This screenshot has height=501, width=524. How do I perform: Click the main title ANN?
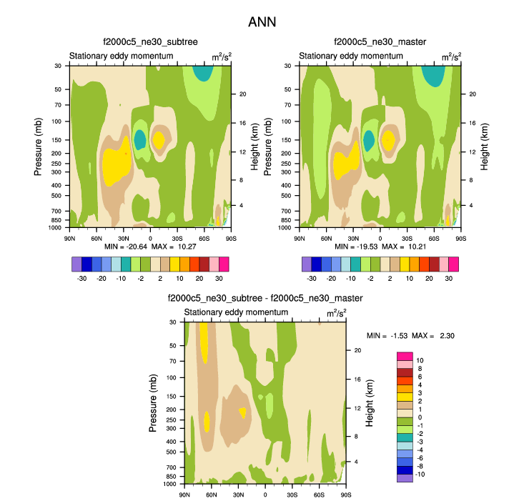pos(262,22)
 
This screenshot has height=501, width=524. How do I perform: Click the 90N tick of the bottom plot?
pos(185,494)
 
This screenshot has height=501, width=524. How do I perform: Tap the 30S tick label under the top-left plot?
pos(176,237)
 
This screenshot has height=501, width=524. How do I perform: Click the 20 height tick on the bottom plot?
pos(359,350)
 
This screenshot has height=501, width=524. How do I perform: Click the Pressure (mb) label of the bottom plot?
pos(153,403)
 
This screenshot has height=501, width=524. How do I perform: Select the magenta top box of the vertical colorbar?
pos(405,356)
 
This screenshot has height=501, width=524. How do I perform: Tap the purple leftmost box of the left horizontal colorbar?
pos(76,264)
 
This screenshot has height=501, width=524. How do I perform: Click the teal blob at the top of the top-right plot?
pos(433,74)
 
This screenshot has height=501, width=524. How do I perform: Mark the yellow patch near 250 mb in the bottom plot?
pos(207,422)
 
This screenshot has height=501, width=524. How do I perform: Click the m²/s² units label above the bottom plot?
pos(337,313)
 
